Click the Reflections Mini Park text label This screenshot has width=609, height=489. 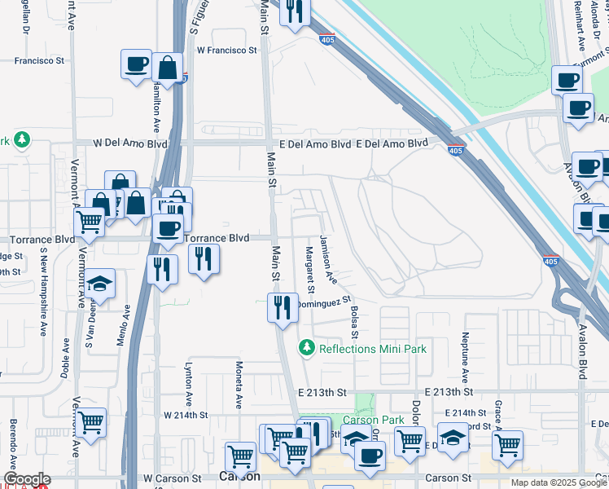[373, 349]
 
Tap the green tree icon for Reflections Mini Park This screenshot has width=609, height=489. [307, 348]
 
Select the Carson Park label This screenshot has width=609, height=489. [379, 421]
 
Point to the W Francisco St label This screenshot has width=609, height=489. [226, 51]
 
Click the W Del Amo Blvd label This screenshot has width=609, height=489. [130, 143]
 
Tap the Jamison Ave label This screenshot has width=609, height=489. [328, 259]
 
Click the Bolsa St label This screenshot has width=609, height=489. [355, 322]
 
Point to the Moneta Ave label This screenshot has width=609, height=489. [239, 385]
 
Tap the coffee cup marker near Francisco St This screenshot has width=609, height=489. [137, 64]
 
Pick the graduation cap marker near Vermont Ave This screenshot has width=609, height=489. [99, 284]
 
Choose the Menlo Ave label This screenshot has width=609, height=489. [126, 324]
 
